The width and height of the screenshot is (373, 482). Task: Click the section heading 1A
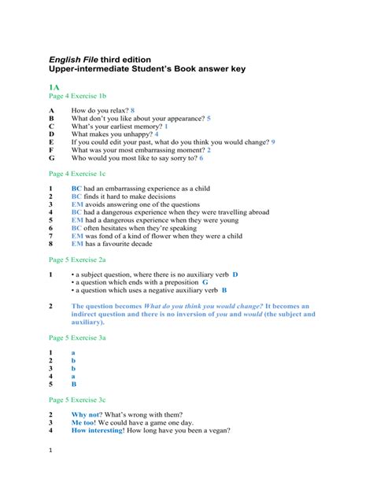pos(54,87)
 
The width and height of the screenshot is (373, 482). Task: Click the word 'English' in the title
pos(66,58)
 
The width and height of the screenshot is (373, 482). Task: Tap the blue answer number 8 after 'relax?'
pos(133,111)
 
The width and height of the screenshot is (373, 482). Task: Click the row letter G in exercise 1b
pos(51,157)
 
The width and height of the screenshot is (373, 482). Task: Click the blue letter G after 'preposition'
pos(205,281)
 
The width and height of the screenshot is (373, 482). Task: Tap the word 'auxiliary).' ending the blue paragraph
pos(87,322)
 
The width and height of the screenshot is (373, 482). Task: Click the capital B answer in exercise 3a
pos(74,384)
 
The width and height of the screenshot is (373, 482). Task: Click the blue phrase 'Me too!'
pos(83,422)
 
